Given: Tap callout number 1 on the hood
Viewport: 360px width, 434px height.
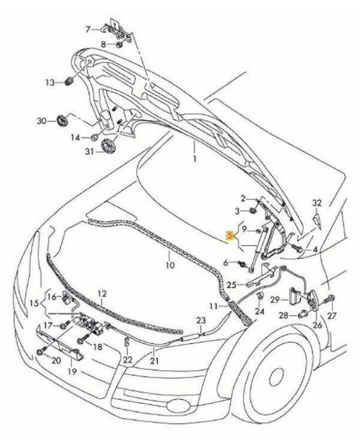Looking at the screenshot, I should (194, 158).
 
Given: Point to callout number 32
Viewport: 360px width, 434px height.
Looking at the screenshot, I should (318, 203).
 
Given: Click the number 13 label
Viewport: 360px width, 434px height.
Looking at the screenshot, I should (49, 82).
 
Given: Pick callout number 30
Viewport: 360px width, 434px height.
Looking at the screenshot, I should (41, 121).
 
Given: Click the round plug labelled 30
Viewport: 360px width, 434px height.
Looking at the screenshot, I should (61, 120).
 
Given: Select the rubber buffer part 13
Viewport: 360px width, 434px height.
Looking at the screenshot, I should (67, 82).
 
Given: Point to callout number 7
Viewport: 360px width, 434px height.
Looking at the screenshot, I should (88, 28).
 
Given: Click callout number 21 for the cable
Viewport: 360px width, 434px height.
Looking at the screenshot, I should (154, 361).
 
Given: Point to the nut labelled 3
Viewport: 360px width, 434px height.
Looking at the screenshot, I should (254, 211).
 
